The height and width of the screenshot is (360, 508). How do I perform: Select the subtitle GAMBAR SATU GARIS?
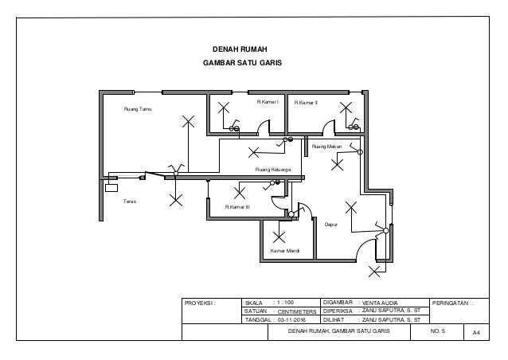(x=243, y=62)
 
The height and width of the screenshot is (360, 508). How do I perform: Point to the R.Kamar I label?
(x=267, y=103)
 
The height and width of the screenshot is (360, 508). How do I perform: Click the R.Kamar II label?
(x=306, y=103)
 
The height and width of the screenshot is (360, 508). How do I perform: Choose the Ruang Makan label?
(x=326, y=147)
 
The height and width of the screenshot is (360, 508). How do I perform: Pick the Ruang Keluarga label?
(x=272, y=170)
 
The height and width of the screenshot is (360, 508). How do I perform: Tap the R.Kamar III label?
(x=237, y=206)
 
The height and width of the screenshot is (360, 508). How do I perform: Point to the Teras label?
(x=129, y=202)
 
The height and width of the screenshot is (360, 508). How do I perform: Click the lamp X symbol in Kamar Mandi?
(x=279, y=237)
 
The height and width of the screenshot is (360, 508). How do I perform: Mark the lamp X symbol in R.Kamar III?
(x=239, y=190)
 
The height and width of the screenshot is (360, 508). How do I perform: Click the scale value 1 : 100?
(x=283, y=303)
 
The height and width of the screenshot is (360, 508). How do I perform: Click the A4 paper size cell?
(x=476, y=331)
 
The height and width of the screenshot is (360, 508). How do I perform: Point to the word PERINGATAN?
(x=451, y=303)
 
